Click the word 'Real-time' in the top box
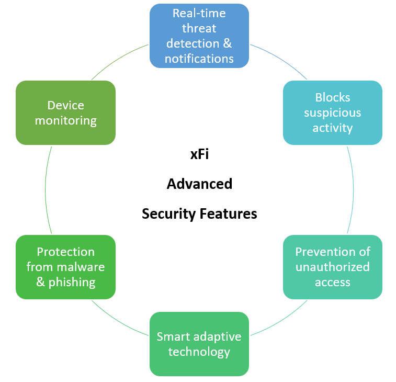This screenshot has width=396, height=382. tap(199, 13)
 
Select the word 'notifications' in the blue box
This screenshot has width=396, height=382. tap(199, 58)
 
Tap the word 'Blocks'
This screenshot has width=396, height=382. tap(332, 97)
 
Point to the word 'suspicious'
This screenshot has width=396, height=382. tap(332, 113)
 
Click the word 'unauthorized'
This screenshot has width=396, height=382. tap(332, 267)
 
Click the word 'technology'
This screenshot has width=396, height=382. tap(199, 352)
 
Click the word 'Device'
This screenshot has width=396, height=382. tap(65, 105)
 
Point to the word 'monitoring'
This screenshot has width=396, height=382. tap(65, 120)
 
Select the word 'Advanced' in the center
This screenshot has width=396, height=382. tap(199, 184)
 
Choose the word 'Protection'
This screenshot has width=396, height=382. tap(65, 252)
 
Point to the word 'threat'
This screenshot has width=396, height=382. tap(199, 28)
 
